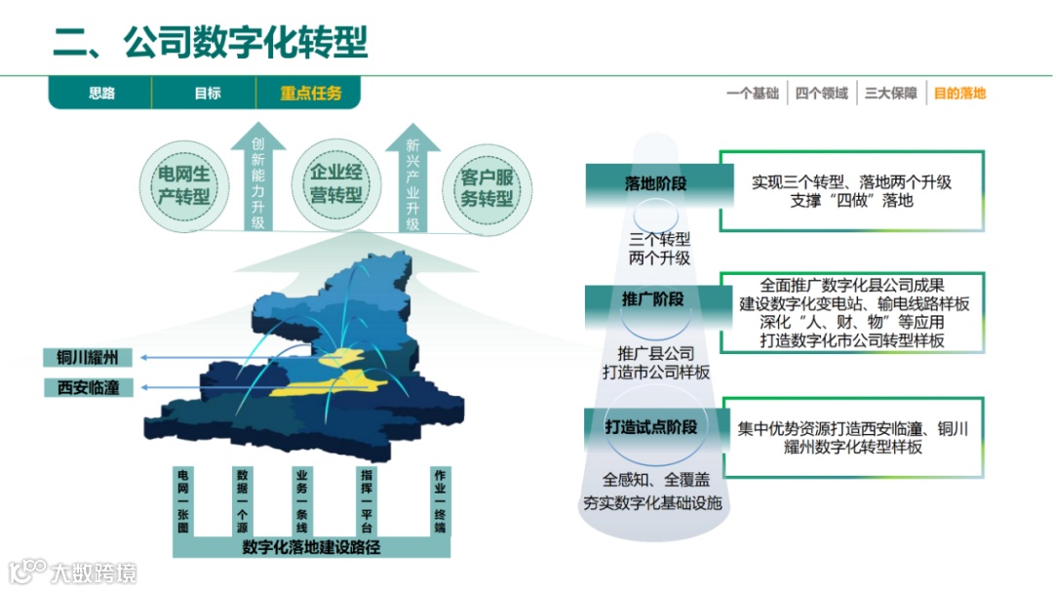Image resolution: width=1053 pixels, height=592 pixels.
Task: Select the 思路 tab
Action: [101, 94]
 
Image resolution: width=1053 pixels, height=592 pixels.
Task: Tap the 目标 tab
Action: [207, 94]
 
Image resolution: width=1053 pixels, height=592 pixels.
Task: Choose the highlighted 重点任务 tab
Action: [311, 94]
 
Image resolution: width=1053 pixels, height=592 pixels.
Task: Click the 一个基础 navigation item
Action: [753, 94]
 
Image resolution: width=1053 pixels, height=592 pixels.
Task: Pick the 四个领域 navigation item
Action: [822, 94]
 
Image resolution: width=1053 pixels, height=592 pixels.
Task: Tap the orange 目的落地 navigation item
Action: [959, 94]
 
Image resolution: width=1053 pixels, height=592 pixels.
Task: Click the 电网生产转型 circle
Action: [184, 185]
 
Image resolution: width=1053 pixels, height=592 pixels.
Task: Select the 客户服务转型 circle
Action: [487, 185]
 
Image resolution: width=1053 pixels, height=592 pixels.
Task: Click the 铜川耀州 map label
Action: [88, 358]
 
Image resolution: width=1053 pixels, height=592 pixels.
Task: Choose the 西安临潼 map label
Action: [88, 388]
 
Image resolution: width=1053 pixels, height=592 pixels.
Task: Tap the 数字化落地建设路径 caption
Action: [310, 546]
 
